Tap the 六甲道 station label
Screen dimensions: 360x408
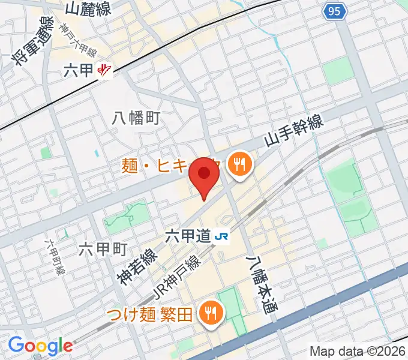pyautogui.click(x=188, y=236)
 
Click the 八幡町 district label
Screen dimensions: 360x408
pyautogui.click(x=136, y=118)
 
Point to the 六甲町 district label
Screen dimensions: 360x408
pyautogui.click(x=103, y=248)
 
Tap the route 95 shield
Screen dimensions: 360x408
pyautogui.click(x=335, y=10)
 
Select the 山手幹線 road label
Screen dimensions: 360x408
pyautogui.click(x=295, y=131)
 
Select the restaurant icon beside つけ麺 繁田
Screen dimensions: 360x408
pyautogui.click(x=211, y=312)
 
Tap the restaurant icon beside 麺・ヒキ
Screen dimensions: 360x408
pyautogui.click(x=239, y=162)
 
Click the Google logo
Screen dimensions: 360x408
pyautogui.click(x=40, y=346)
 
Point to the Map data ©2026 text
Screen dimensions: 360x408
pyautogui.click(x=357, y=351)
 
